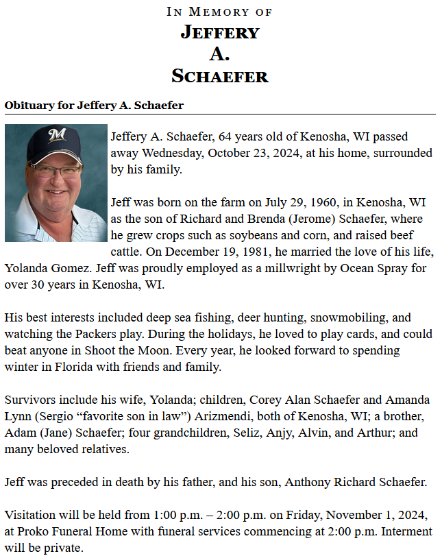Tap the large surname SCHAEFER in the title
coord(220,75)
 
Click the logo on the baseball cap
coord(56,135)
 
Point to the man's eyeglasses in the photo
coord(55,168)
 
